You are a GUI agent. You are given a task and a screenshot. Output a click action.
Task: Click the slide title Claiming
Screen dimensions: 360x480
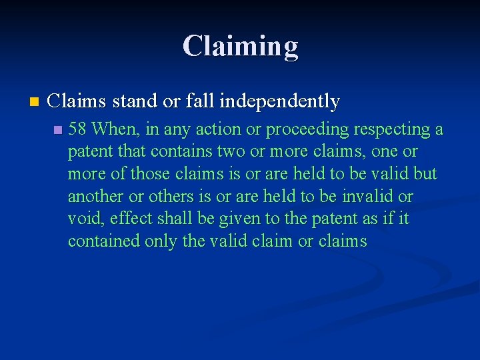(240, 46)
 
